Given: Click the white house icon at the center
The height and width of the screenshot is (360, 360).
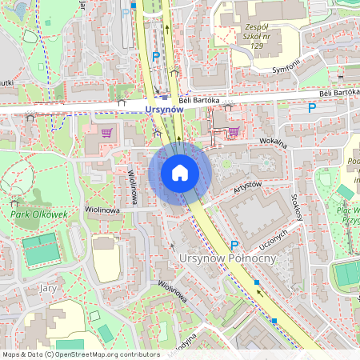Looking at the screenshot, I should (x=180, y=172).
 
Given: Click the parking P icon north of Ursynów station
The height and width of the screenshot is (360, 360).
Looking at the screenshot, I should (x=156, y=56).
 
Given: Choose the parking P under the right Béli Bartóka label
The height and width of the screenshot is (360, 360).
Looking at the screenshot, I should (x=312, y=107).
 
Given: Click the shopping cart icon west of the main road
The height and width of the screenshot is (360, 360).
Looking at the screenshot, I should (x=106, y=132).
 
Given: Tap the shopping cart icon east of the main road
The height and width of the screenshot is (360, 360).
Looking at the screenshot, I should (x=234, y=131).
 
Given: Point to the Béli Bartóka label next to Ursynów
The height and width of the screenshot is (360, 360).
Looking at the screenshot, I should (x=198, y=100).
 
